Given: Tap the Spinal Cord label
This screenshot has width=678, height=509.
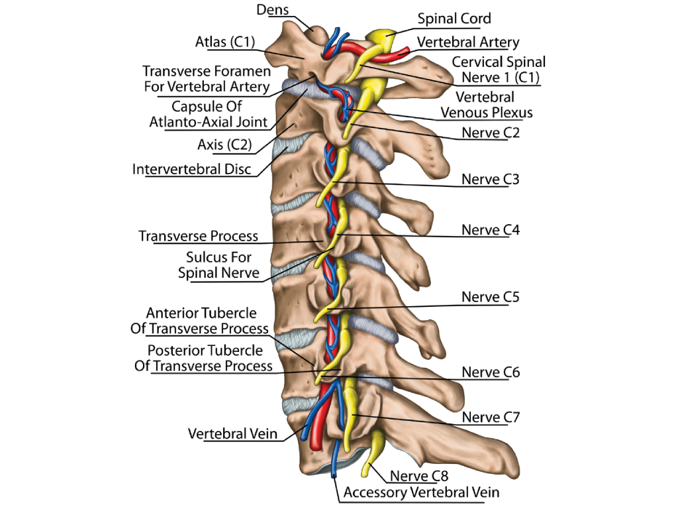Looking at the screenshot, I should (454, 19).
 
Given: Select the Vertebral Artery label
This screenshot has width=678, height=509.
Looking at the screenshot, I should (467, 42).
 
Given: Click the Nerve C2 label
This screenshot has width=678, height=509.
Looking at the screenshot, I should (491, 133).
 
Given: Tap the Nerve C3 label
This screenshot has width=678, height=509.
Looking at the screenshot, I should (491, 180).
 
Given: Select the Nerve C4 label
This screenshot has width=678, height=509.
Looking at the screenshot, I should (491, 231).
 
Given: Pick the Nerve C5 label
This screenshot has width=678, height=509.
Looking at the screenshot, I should (491, 297).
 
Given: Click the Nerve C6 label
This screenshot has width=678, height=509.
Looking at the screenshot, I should (491, 372).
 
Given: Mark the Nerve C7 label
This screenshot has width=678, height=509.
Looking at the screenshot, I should (491, 418).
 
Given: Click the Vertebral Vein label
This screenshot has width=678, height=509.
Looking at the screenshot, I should (232, 434).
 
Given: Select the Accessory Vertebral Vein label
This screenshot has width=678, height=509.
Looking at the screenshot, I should (422, 492).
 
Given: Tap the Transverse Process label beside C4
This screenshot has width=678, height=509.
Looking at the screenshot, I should (198, 237).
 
